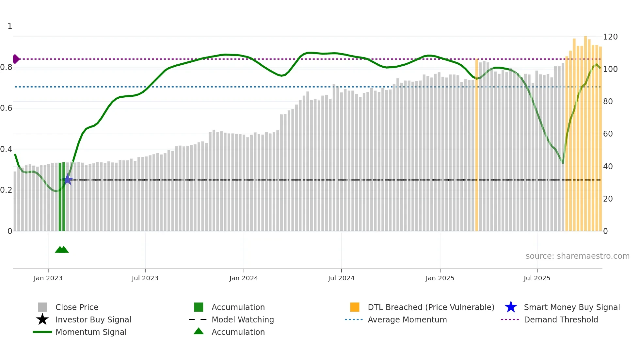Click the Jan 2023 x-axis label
pyautogui.click(x=48, y=278)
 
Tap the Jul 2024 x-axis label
pyautogui.click(x=341, y=278)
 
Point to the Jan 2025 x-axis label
pyautogui.click(x=440, y=278)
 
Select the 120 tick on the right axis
pyautogui.click(x=610, y=37)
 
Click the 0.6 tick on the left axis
pyautogui.click(x=6, y=108)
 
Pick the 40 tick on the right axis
pyautogui.click(x=608, y=167)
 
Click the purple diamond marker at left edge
pyautogui.click(x=16, y=59)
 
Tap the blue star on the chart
pyautogui.click(x=68, y=180)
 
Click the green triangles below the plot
pyautogui.click(x=62, y=250)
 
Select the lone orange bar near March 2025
pyautogui.click(x=476, y=145)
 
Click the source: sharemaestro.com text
pyautogui.click(x=577, y=256)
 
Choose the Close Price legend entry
pyautogui.click(x=77, y=307)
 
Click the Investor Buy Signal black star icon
pyautogui.click(x=42, y=319)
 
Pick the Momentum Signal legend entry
pyautogui.click(x=91, y=332)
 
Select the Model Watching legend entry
pyautogui.click(x=242, y=320)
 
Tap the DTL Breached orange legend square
pyautogui.click(x=355, y=307)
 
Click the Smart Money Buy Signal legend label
pyautogui.click(x=571, y=307)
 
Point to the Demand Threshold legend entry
pyautogui.click(x=561, y=320)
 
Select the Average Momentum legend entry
pyautogui.click(x=407, y=320)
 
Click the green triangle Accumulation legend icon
pyautogui.click(x=199, y=332)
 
